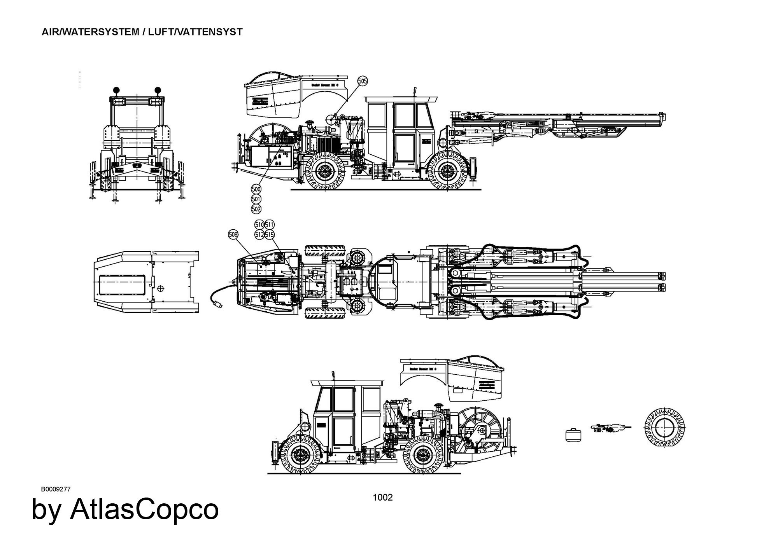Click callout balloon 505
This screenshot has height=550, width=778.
(x=362, y=81)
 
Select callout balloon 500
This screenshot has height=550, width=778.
(x=256, y=189)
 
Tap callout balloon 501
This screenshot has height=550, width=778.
(x=256, y=199)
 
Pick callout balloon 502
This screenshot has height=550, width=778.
(x=256, y=209)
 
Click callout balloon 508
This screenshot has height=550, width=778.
(x=233, y=234)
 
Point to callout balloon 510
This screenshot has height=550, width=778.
(x=259, y=225)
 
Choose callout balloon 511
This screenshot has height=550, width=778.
(x=270, y=225)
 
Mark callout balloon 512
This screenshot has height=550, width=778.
(x=259, y=234)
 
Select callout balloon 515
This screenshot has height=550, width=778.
(x=270, y=234)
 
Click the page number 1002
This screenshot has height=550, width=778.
(x=383, y=498)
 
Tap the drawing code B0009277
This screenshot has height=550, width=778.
(x=56, y=489)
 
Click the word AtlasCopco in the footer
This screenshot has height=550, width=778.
(x=144, y=509)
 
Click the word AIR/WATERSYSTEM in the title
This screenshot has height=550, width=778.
(x=90, y=32)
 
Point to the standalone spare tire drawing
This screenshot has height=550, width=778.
(x=664, y=428)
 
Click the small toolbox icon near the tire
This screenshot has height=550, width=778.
(x=573, y=435)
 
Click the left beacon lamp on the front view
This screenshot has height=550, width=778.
(x=116, y=91)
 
